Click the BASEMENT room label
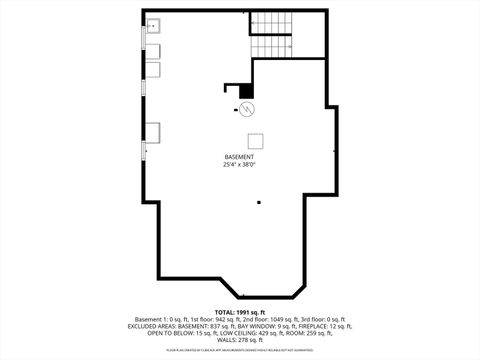pos(239,157)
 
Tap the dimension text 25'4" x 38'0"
pos(239,165)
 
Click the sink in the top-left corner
pos(154,26)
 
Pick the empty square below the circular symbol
pos(255,140)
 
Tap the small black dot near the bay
pos(259,203)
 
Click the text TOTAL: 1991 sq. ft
pos(239,313)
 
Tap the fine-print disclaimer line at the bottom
pos(239,351)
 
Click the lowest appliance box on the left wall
pos(154,131)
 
